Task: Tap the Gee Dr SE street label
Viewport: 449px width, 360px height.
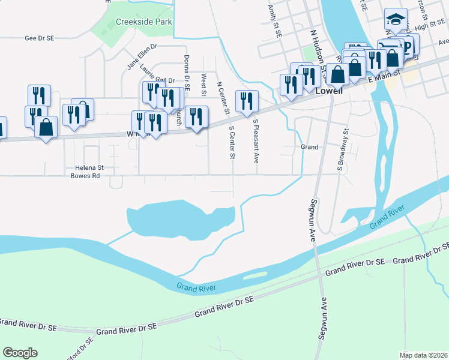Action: click(39, 38)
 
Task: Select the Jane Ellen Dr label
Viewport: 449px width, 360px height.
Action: click(142, 56)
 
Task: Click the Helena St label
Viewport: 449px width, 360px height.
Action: click(89, 169)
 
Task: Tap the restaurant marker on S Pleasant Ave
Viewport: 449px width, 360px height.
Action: click(247, 101)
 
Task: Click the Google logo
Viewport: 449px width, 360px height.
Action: click(20, 353)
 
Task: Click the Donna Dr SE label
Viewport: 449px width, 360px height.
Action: click(187, 72)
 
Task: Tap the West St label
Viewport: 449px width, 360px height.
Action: click(204, 85)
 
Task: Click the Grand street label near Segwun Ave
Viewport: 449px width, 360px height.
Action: click(309, 146)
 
